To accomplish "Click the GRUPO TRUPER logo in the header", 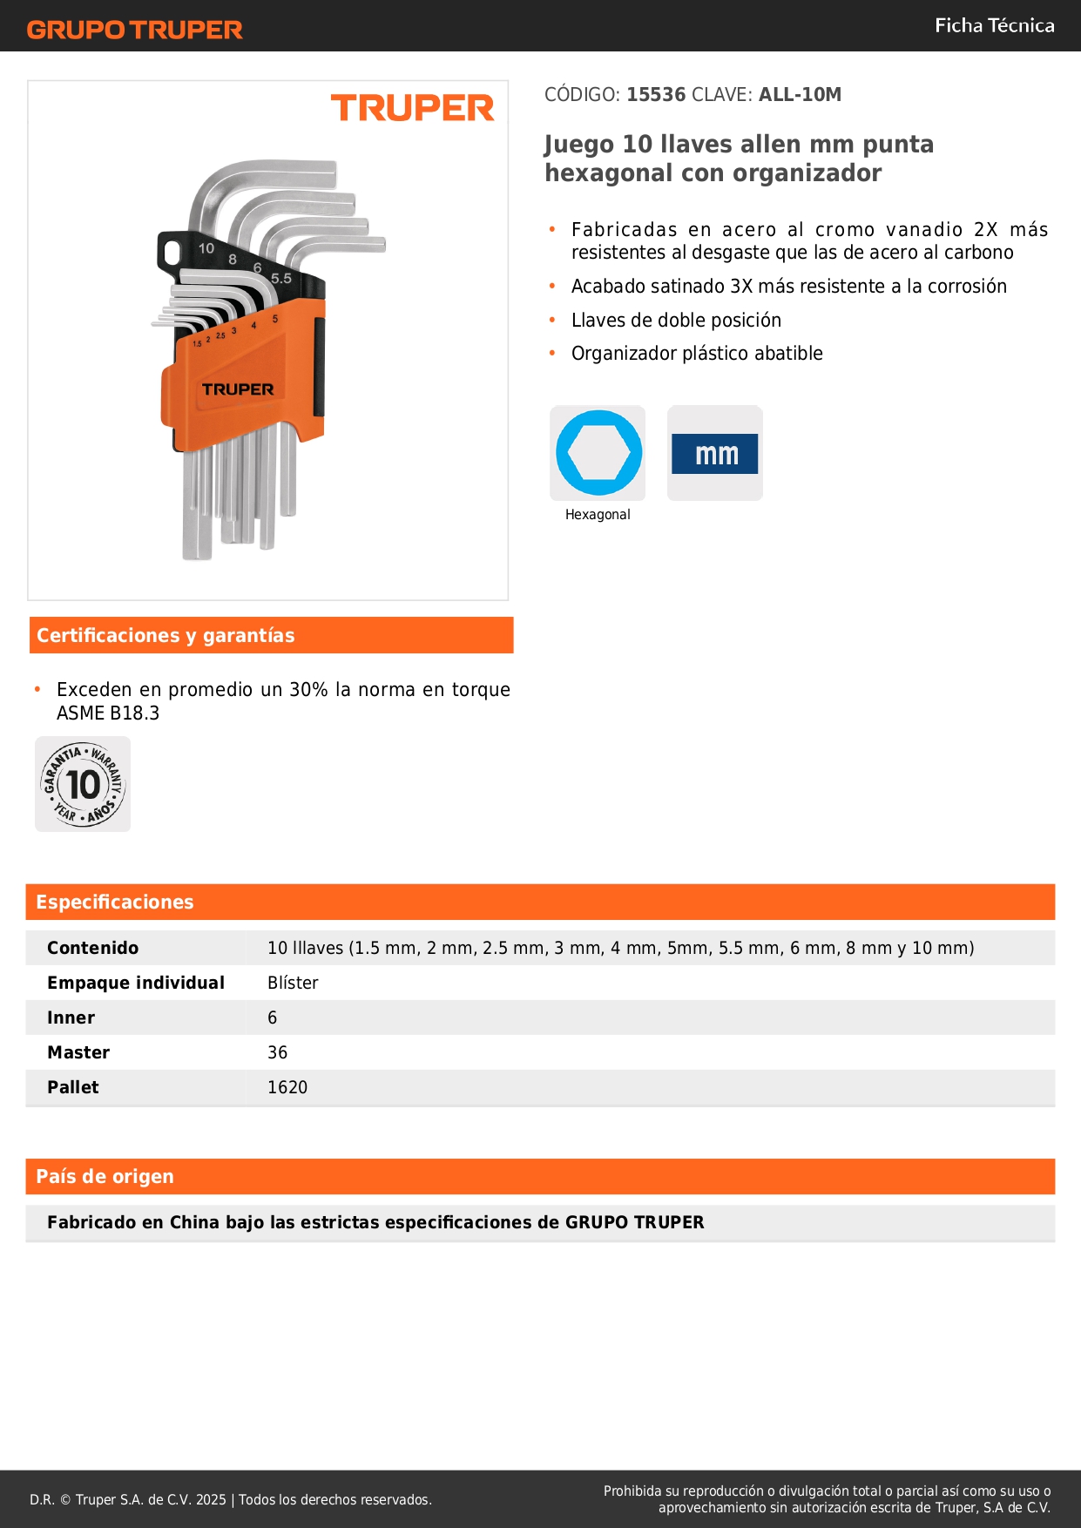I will tap(134, 30).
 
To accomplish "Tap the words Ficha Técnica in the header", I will tap(994, 26).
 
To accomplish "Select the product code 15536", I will tap(656, 95).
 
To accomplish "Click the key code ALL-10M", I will tap(800, 95).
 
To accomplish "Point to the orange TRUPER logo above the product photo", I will tap(412, 109).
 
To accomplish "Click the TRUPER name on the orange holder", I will tap(238, 389).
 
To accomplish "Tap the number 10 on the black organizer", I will tap(206, 249).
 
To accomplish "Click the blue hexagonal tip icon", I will tap(598, 453).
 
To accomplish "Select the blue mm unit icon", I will tap(715, 454).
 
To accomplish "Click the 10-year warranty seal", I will tap(83, 784).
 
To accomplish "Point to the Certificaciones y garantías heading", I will tap(166, 636).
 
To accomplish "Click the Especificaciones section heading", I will tap(115, 903).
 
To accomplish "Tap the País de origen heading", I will tap(105, 1177).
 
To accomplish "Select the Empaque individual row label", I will tap(136, 983).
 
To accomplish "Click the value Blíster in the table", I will tap(293, 983).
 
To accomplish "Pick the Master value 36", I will tap(277, 1052).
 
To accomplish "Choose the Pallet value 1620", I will tap(287, 1087).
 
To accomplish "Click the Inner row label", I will tap(71, 1018).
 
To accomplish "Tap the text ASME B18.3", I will tap(108, 713).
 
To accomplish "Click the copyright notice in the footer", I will tap(231, 1499).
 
